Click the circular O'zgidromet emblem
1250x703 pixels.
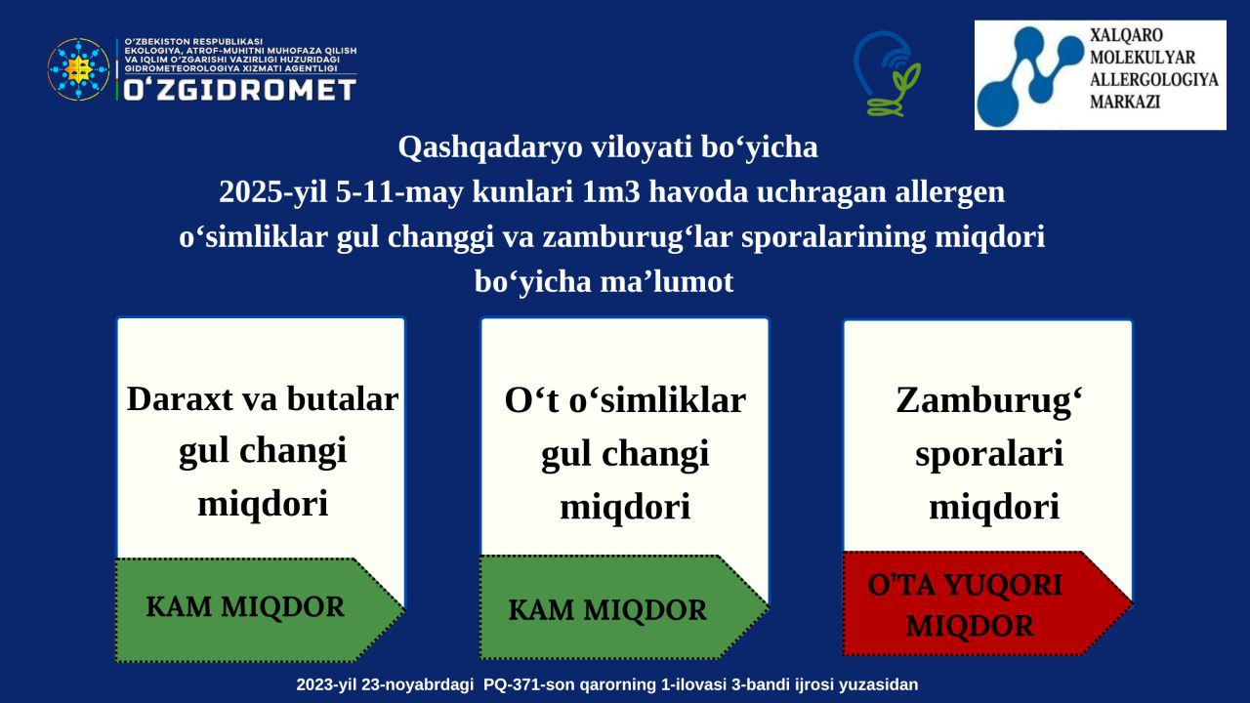click(x=78, y=69)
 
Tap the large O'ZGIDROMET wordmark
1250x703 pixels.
click(x=240, y=90)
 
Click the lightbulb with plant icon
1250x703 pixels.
click(x=887, y=73)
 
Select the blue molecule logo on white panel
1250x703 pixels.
click(x=1030, y=74)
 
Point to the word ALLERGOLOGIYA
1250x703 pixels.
click(x=1154, y=80)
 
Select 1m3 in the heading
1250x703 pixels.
click(x=611, y=192)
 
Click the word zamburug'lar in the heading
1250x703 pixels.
click(x=638, y=236)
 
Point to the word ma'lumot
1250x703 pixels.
click(x=666, y=281)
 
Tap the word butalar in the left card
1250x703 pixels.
click(x=343, y=399)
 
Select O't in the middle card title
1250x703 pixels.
click(x=532, y=400)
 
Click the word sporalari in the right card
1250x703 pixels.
click(x=989, y=454)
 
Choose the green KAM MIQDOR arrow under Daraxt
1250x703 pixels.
click(x=260, y=610)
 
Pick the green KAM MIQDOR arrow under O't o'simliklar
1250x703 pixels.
click(x=624, y=607)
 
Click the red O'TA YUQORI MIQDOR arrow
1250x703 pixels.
click(x=987, y=603)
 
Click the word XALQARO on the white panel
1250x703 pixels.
click(x=1127, y=36)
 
